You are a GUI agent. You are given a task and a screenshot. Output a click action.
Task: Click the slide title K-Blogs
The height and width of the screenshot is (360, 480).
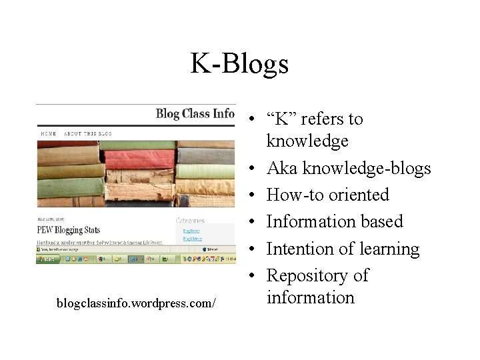(x=239, y=64)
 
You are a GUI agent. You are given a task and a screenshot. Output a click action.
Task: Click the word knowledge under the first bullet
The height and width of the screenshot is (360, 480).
(x=307, y=141)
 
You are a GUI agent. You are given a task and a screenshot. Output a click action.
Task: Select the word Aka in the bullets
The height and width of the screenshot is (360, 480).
(x=282, y=168)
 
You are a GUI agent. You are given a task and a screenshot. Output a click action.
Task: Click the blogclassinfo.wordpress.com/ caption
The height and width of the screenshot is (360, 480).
(x=135, y=303)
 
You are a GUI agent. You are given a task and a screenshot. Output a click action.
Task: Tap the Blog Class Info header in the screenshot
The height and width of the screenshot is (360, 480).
(x=195, y=113)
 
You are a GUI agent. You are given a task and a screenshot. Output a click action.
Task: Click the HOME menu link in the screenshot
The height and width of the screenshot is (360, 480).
(x=49, y=133)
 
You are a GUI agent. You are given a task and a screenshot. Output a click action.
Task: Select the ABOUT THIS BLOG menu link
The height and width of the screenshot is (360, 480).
(x=88, y=133)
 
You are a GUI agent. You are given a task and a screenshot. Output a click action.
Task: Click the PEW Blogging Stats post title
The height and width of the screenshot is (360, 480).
(x=69, y=230)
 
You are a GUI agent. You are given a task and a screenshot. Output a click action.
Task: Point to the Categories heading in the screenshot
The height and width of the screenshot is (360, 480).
(x=190, y=220)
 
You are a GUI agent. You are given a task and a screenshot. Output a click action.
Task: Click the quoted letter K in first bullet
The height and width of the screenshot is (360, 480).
(x=281, y=119)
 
